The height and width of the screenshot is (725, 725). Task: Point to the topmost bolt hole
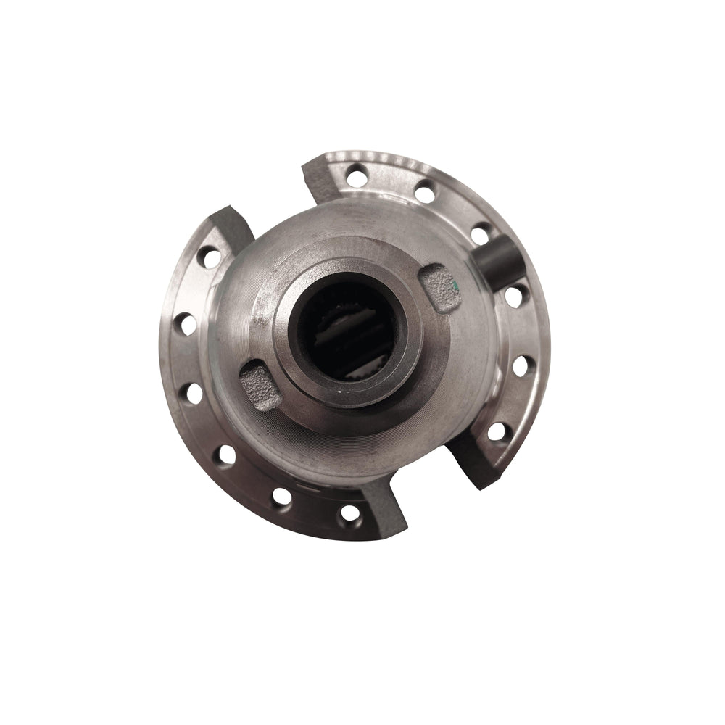[x=356, y=175]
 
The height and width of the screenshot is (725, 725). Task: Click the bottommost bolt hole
[x=349, y=513]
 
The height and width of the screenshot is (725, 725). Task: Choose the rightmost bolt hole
[x=522, y=365]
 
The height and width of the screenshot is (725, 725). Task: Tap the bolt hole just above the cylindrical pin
[x=480, y=233]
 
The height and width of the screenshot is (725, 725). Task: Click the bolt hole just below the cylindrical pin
[x=514, y=296]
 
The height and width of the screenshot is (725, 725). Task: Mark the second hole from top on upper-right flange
[x=425, y=193]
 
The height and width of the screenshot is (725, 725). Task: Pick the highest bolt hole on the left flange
[x=210, y=257]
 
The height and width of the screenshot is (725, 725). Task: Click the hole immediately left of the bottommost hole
[x=281, y=497]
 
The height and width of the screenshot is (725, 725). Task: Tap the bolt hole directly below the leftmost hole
[x=193, y=392]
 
